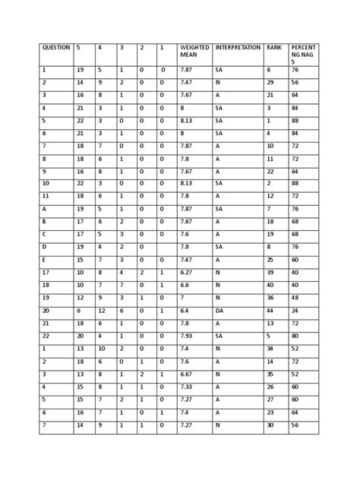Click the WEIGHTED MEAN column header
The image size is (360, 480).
point(194,52)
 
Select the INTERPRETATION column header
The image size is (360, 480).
point(237,47)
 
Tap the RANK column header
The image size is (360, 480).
point(273,47)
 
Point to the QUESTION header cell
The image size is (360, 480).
point(56,47)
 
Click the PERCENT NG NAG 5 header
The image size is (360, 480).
point(303,55)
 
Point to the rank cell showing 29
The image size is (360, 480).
point(270,82)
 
